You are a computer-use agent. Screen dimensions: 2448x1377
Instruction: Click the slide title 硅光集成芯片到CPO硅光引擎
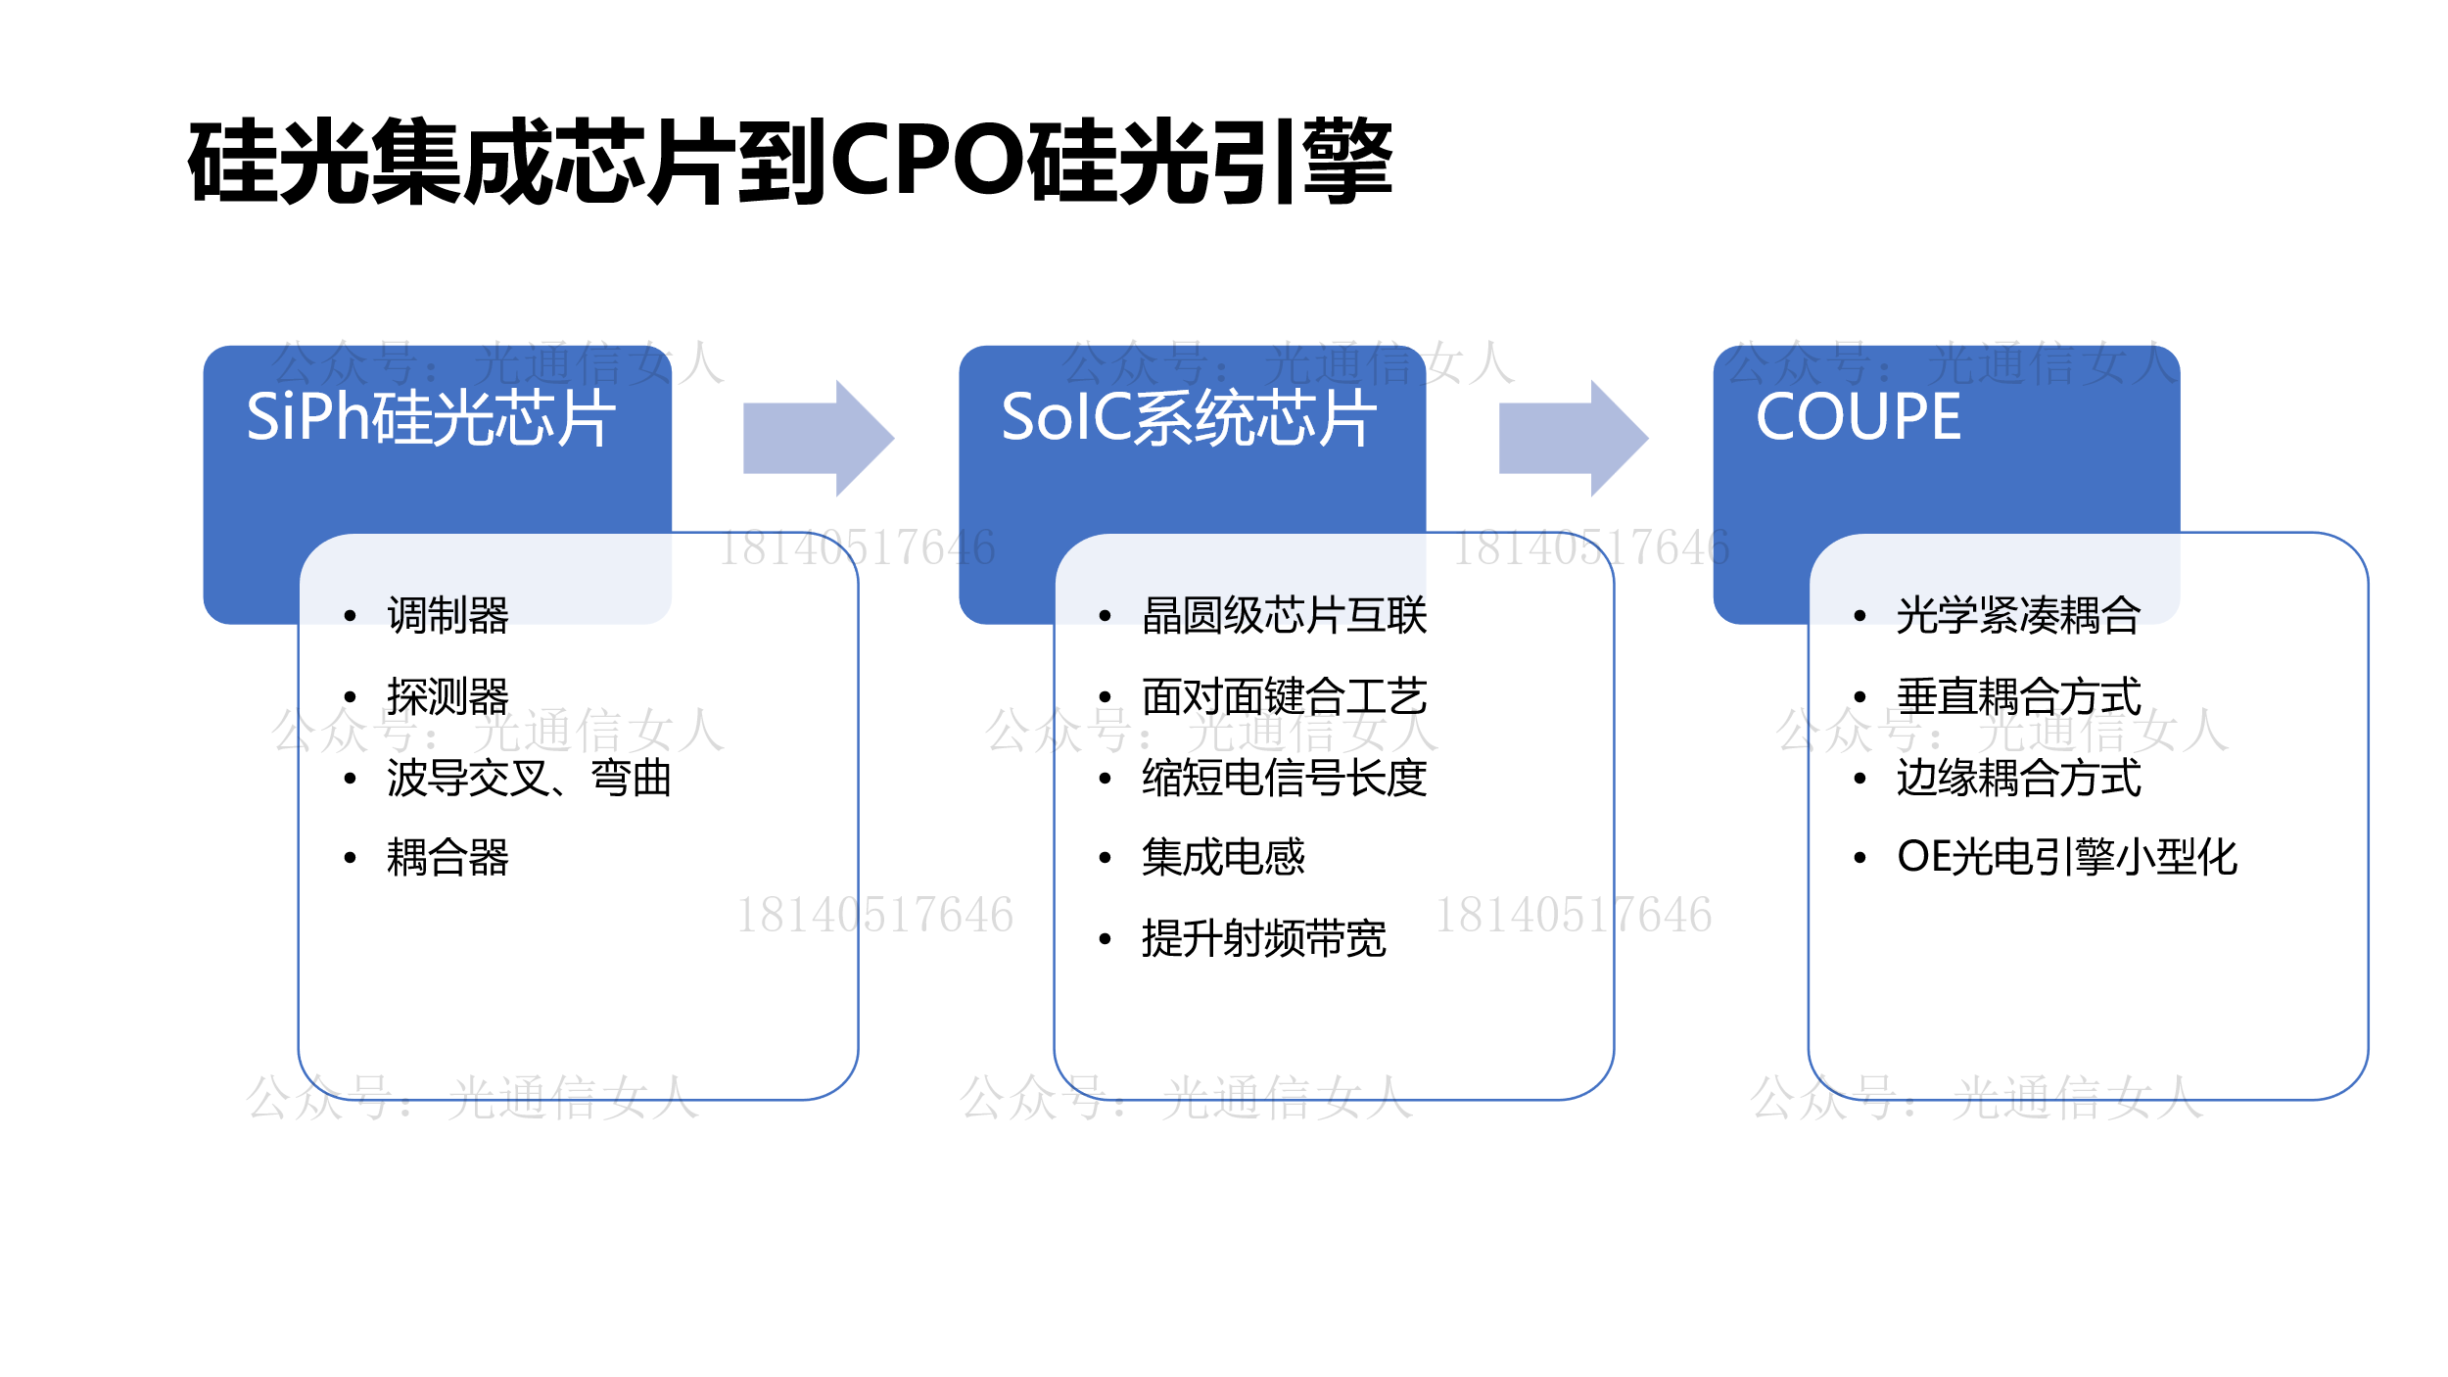(x=790, y=162)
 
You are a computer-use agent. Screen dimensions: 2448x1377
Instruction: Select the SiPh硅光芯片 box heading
(x=431, y=418)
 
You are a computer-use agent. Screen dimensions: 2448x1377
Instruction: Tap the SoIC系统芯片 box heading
(x=1189, y=418)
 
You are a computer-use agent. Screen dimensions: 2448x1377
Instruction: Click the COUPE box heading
(x=1859, y=417)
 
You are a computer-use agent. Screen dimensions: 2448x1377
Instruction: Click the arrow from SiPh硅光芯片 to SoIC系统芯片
(x=819, y=439)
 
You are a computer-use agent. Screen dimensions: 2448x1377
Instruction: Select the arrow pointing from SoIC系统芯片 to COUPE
(x=1574, y=439)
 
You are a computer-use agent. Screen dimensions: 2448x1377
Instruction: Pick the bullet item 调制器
(x=447, y=616)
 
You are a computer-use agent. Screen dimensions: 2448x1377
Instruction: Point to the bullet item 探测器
(x=447, y=697)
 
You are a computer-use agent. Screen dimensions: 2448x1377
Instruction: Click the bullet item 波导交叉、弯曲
(x=529, y=779)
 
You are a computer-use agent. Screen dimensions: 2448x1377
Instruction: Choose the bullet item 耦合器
(x=447, y=858)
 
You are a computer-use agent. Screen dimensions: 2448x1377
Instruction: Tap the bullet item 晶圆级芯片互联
(x=1285, y=616)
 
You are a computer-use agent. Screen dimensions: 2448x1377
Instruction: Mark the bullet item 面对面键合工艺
(x=1285, y=697)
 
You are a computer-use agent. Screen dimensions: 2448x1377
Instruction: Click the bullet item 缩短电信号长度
(x=1285, y=779)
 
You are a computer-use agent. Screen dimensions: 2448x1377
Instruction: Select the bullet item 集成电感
(x=1224, y=858)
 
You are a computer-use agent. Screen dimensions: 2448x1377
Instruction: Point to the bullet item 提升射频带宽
(x=1264, y=939)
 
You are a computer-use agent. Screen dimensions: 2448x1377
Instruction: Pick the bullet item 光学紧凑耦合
(x=2019, y=616)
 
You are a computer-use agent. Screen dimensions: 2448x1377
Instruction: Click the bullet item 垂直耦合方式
(x=2019, y=697)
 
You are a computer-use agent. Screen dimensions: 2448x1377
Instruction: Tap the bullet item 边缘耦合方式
(x=2019, y=779)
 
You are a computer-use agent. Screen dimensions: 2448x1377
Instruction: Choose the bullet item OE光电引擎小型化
(x=2067, y=858)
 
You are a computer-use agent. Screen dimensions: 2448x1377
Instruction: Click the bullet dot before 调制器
(x=350, y=616)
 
